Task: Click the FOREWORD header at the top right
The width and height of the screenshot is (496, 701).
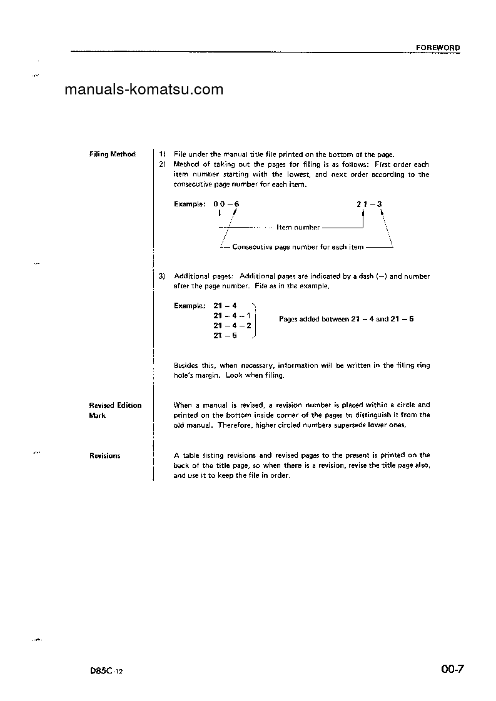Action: (x=438, y=48)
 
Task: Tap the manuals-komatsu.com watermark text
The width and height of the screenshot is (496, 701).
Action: (x=144, y=89)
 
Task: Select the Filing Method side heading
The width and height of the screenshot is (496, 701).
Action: (x=112, y=154)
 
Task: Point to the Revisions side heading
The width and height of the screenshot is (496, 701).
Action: (x=104, y=456)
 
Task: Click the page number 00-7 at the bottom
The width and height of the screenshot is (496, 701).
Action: (x=452, y=670)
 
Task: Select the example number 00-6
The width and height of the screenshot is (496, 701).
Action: (x=226, y=204)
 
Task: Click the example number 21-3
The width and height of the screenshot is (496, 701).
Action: (x=369, y=204)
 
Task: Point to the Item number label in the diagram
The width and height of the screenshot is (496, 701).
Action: (x=298, y=228)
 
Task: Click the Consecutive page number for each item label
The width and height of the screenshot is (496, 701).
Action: (x=298, y=247)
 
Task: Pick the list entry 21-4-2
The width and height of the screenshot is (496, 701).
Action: (x=232, y=326)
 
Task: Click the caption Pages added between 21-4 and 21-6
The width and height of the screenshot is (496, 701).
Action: (x=346, y=319)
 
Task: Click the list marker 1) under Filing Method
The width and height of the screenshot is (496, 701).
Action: (x=162, y=154)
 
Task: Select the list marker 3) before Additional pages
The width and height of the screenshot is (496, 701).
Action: (x=162, y=276)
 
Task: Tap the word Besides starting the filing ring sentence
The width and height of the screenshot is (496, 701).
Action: (x=186, y=365)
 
